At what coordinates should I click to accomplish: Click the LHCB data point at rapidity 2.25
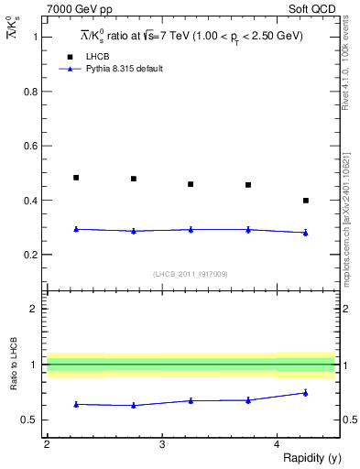tap(76, 178)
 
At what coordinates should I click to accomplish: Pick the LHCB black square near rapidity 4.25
tap(305, 200)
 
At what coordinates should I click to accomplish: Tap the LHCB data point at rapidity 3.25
tap(191, 184)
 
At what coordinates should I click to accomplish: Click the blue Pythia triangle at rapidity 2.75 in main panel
tap(134, 231)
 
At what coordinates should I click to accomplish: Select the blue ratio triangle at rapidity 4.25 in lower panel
tap(305, 393)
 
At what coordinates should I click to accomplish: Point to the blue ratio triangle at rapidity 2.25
tap(76, 404)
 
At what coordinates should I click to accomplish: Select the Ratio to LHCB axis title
tap(12, 364)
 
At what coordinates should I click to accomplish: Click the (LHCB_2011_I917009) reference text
tap(191, 274)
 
